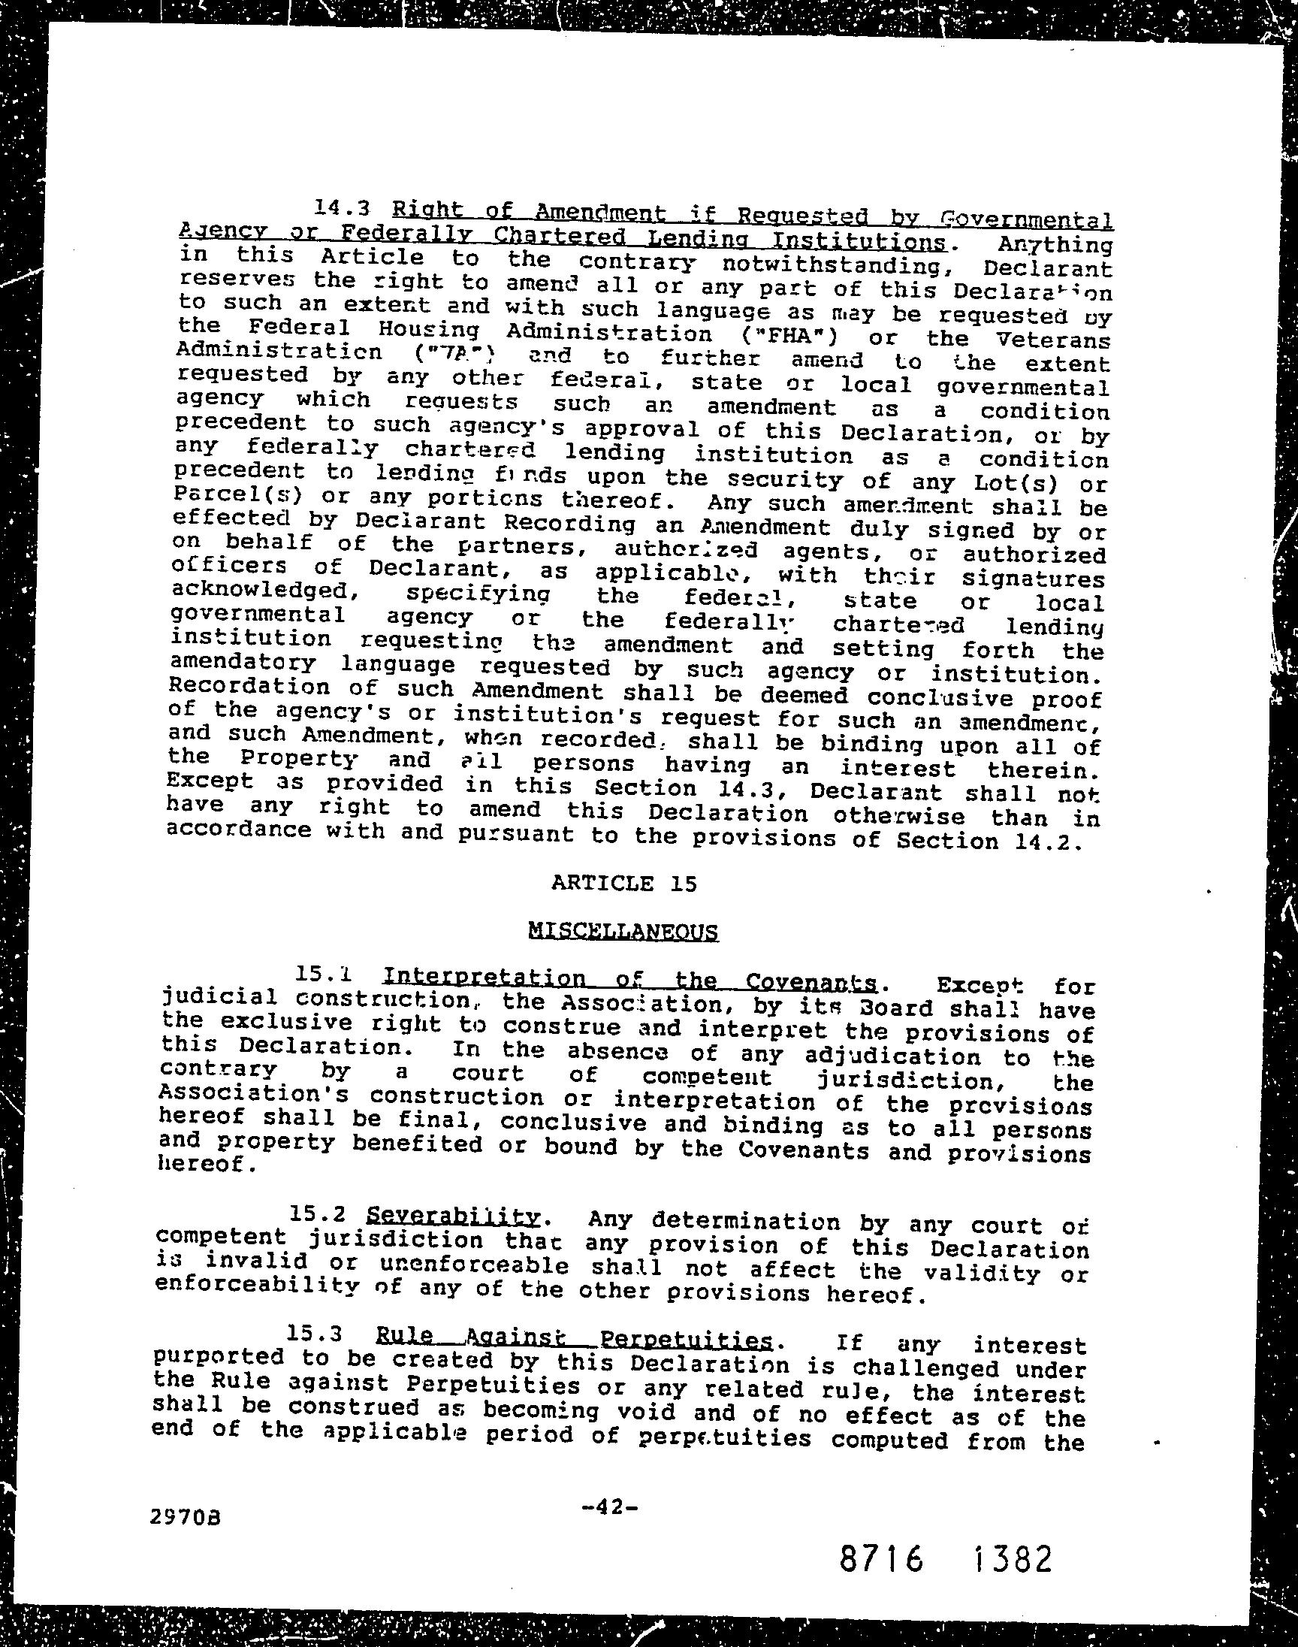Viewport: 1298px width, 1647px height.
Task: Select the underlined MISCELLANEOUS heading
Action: point(623,931)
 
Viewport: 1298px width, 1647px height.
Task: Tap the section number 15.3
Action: point(317,1332)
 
